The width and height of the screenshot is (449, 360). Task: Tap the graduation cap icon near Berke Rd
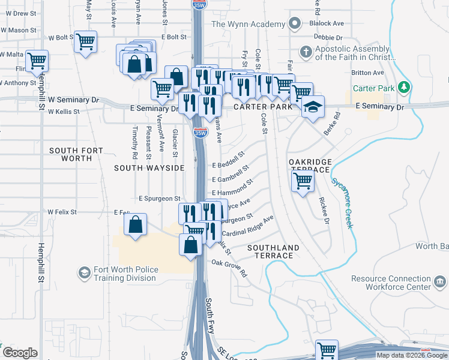tap(312, 107)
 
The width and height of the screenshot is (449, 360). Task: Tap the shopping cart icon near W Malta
tap(37, 60)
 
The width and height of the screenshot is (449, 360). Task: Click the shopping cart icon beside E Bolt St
tap(86, 41)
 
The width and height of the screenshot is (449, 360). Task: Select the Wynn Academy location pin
tap(294, 24)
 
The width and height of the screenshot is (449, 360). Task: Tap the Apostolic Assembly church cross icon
tap(306, 52)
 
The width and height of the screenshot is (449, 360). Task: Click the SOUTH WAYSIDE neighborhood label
tap(149, 168)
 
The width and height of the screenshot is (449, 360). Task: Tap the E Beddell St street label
tap(229, 160)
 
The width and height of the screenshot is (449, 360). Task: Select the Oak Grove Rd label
tap(229, 268)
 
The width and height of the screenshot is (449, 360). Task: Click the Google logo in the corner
tap(20, 353)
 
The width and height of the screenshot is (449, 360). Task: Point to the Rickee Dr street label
tap(324, 211)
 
